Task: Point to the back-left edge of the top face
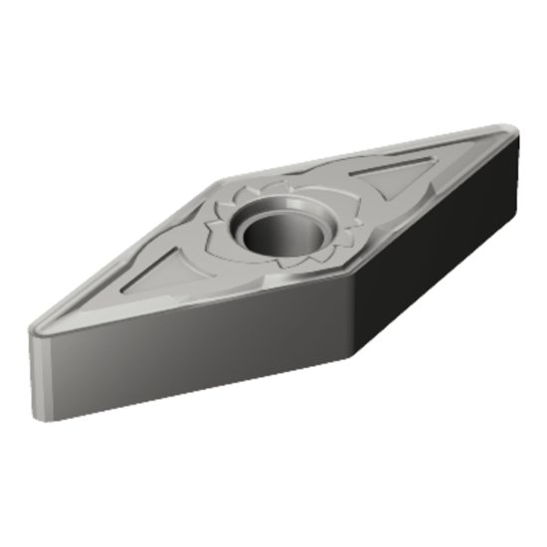pyautogui.click(x=129, y=254)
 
